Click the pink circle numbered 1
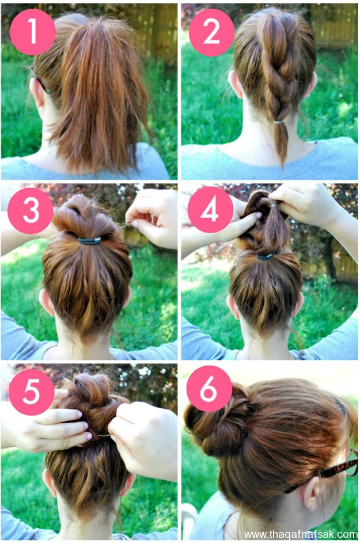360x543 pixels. pos(33,32)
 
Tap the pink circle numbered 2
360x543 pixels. pos(211,33)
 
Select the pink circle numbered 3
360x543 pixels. pos(31,211)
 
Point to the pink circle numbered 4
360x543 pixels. pos(210,210)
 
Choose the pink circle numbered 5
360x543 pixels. pos(32,392)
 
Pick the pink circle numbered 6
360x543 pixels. pos(209,389)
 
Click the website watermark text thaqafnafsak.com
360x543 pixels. pos(301,534)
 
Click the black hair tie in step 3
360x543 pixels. pos(89,240)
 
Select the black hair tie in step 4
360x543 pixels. pos(266,256)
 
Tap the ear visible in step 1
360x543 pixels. pos(36,92)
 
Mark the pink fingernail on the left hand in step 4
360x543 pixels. pos(259,215)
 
